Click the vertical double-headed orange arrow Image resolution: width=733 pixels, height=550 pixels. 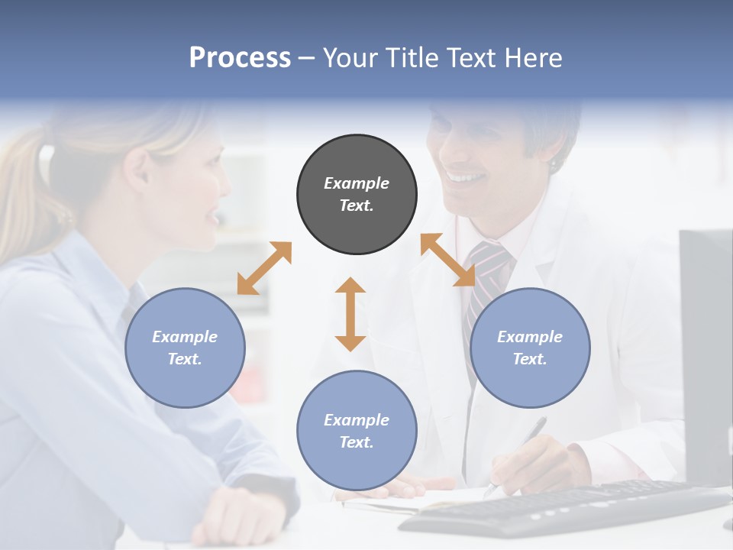[350, 314]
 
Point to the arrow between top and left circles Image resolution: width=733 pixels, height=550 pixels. [264, 267]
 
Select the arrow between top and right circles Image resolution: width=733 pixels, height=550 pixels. [448, 260]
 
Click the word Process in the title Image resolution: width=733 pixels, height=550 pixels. [240, 57]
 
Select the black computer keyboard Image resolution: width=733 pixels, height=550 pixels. [565, 508]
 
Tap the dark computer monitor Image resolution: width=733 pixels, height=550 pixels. [706, 351]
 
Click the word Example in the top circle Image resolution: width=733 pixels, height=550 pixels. [357, 183]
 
